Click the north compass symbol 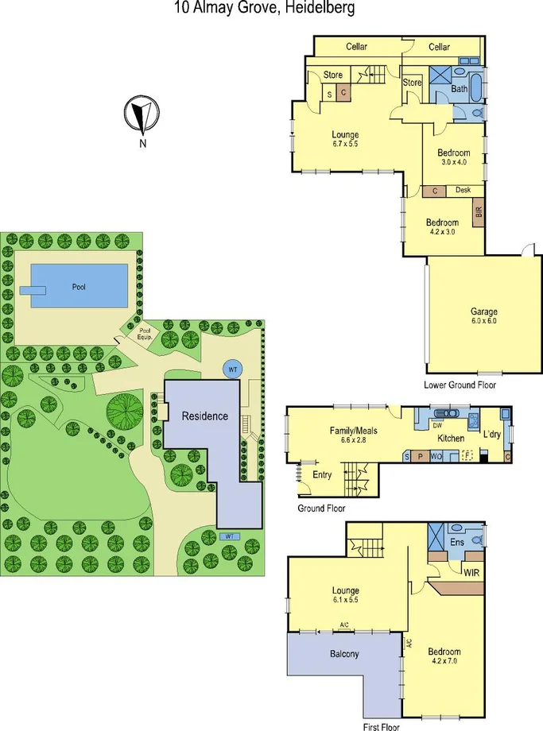142,116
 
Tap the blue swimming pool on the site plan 79,286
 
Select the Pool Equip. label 145,333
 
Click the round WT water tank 233,369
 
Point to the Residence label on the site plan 204,416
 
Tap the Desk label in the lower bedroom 463,191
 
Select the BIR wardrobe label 478,212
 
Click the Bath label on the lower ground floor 460,89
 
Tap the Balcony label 345,654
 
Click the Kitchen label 451,439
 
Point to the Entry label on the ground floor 322,475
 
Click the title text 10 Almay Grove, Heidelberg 264,8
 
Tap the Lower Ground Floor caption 460,385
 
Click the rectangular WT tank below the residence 230,536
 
